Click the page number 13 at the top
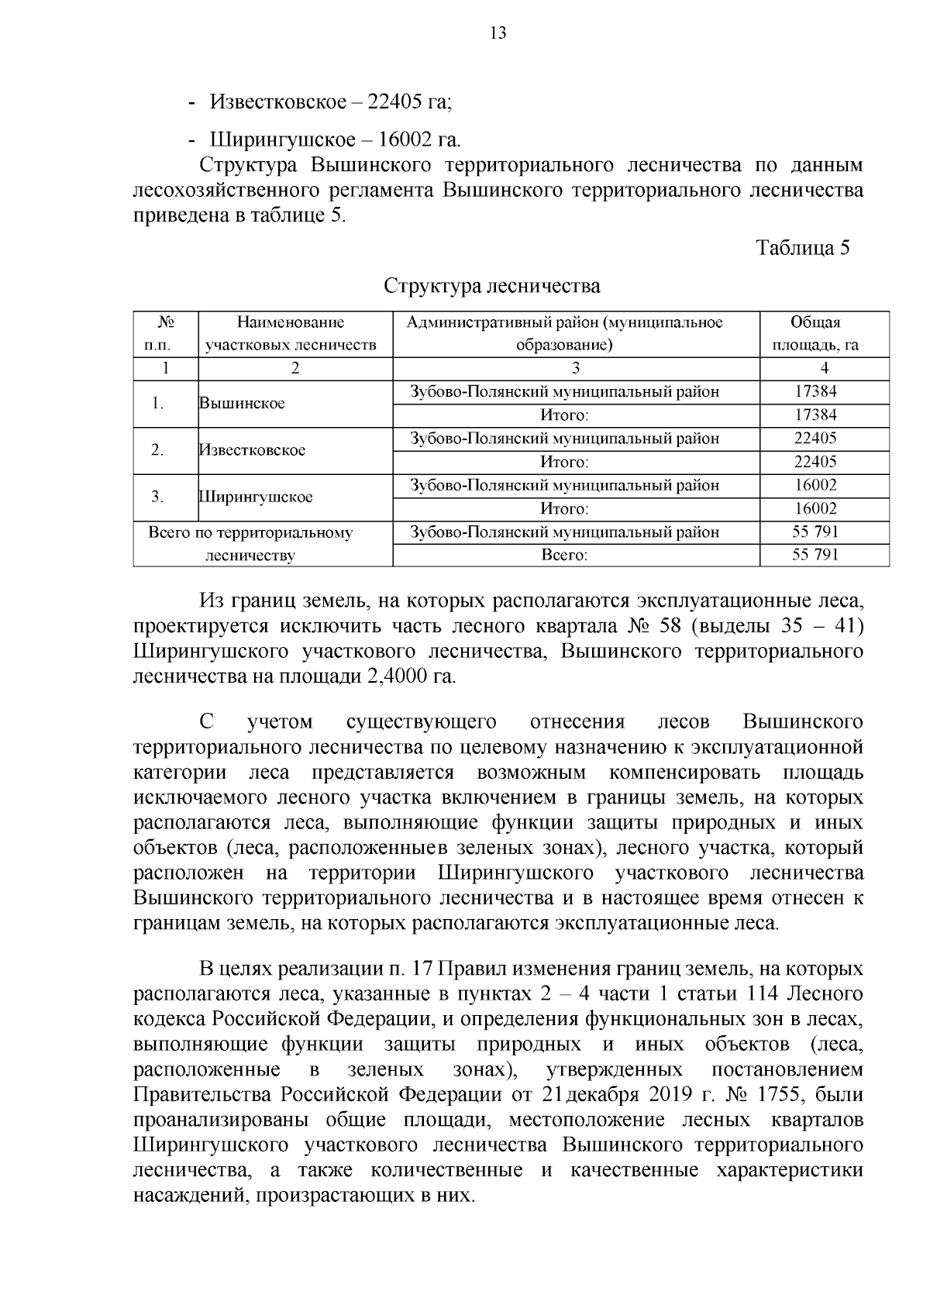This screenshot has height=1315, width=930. coord(498,33)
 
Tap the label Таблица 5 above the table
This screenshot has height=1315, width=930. coord(802,248)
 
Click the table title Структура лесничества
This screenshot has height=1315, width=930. coord(492,286)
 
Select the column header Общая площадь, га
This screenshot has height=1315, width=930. coord(824,334)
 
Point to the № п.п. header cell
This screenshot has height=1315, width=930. coord(164,334)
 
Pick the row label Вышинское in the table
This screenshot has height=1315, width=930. coord(242,404)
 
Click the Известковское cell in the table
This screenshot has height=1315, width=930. coord(253,450)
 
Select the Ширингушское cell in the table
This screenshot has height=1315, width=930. coord(256,497)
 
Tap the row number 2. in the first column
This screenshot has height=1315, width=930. coord(157,450)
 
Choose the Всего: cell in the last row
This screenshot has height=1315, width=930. coord(564,555)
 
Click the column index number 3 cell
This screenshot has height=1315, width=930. coord(576,368)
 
